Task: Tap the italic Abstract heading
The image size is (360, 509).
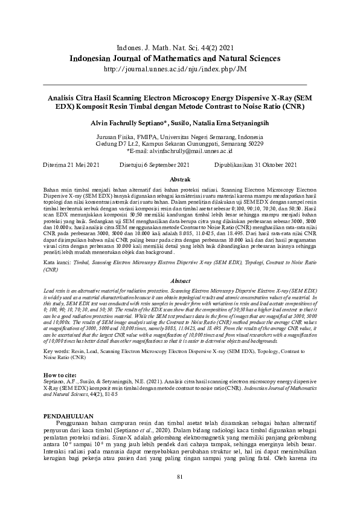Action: coord(180,282)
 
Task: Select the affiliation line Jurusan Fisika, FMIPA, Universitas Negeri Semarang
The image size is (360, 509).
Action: coord(180,137)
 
